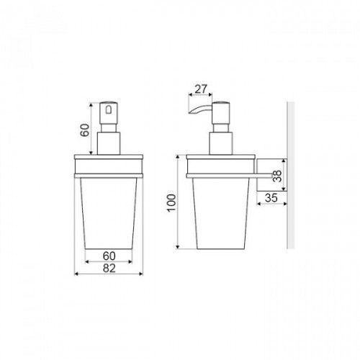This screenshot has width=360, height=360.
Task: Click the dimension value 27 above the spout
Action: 201,89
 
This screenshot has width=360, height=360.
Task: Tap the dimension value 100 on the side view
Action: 172,203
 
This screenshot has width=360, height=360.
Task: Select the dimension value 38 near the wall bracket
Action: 277,176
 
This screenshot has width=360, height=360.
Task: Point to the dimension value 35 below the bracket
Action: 271,198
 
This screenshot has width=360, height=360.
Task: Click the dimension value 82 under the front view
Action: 109,268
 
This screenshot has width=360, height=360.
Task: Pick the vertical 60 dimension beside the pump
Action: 85,130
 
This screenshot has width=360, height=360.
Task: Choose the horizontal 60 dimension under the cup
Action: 109,256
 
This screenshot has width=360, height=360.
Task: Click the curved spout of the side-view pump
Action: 199,109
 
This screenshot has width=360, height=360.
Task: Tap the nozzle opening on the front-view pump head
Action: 109,110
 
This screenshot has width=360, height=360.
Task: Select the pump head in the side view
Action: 221,113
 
